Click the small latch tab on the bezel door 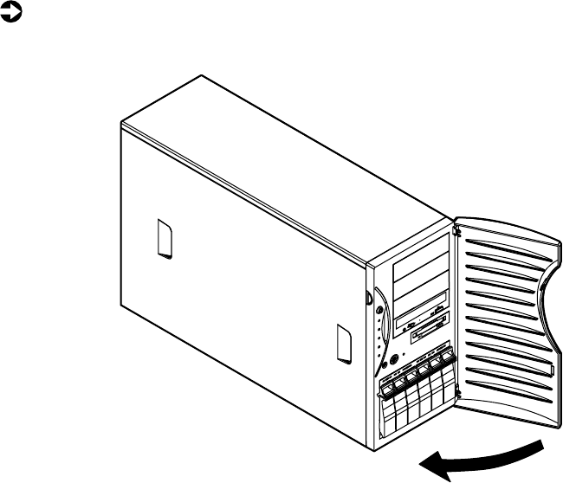(547, 370)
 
